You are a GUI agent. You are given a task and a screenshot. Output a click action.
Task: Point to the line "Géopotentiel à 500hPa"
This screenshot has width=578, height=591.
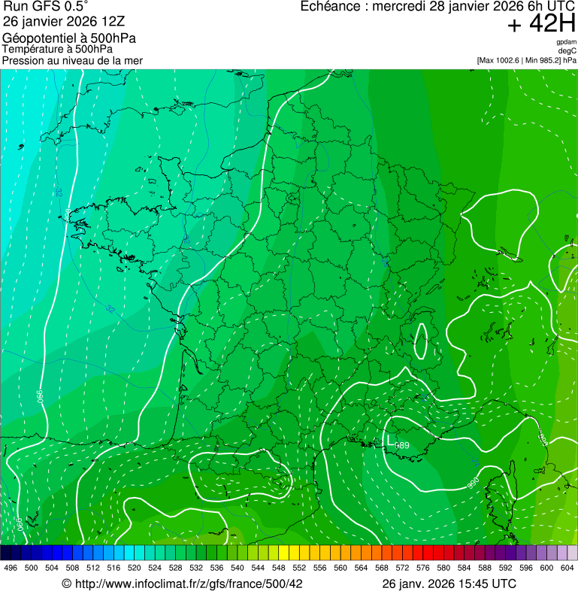[69, 38]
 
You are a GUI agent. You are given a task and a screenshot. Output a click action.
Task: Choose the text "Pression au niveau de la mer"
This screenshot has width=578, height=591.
[72, 60]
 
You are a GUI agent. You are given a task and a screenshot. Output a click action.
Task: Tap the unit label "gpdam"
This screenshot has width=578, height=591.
[567, 42]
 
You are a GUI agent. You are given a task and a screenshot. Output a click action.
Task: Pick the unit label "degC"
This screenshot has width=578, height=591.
[567, 51]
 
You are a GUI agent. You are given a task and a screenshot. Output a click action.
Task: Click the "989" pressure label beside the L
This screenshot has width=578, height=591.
[403, 446]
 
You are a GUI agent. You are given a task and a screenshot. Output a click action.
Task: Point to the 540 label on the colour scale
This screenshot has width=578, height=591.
[238, 568]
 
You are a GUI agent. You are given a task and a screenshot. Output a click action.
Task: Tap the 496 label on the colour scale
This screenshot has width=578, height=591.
[11, 568]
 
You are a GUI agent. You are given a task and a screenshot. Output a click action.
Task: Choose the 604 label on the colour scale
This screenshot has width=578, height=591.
[567, 568]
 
